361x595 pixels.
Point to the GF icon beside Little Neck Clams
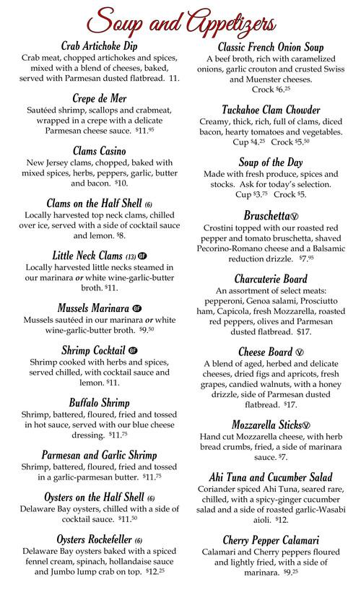(x=143, y=256)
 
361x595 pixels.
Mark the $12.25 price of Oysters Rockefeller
(x=168, y=571)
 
